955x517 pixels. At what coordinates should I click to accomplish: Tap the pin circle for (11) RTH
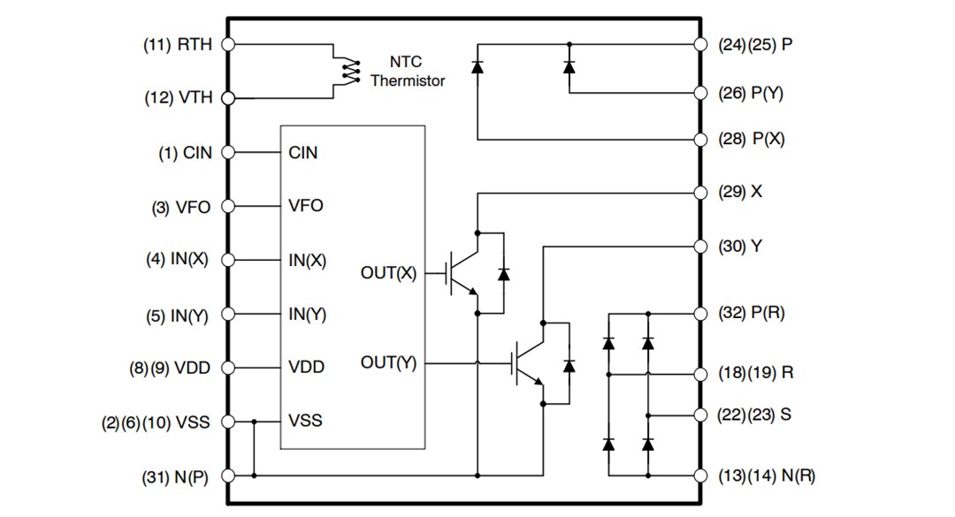(x=228, y=44)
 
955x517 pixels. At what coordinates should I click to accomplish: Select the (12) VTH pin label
(x=179, y=98)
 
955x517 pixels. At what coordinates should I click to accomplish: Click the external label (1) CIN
(x=185, y=153)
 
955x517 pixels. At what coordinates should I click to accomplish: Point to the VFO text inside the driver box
(x=306, y=206)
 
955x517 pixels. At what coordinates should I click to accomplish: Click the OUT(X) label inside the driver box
(x=387, y=273)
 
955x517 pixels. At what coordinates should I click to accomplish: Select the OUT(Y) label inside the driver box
(x=387, y=363)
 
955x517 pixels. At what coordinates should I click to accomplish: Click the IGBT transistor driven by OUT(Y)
(x=529, y=362)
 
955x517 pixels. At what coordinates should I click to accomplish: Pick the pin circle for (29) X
(x=700, y=192)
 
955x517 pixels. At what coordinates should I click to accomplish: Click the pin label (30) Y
(x=740, y=247)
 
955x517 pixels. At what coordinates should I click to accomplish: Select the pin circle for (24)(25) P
(x=700, y=44)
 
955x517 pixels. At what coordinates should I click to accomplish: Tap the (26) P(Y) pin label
(x=751, y=93)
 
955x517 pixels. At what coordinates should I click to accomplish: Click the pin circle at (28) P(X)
(x=700, y=140)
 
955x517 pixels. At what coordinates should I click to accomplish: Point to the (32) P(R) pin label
(x=751, y=313)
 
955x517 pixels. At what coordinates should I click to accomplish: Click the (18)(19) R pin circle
(x=700, y=373)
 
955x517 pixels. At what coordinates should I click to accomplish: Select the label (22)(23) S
(x=754, y=414)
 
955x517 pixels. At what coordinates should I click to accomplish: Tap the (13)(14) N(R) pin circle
(x=700, y=475)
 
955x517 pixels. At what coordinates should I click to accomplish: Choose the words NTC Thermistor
(x=407, y=72)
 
